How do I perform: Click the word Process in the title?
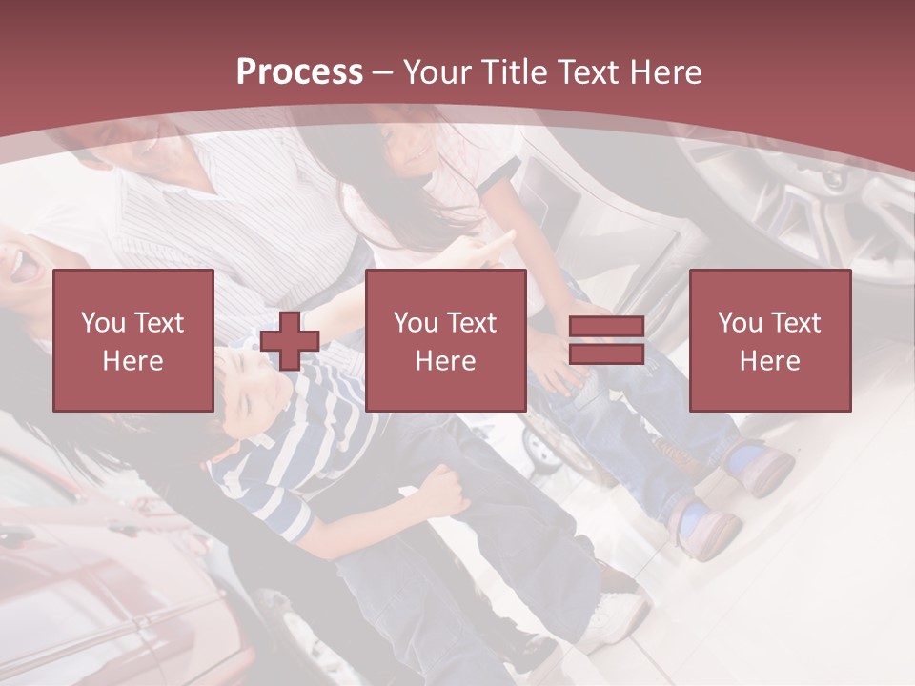point(299,72)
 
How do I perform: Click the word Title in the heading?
point(514,72)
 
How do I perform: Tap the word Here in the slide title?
point(661,72)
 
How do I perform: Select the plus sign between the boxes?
point(290,340)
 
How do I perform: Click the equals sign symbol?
point(606,340)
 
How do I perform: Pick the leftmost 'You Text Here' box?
point(133,340)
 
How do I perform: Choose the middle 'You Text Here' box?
point(446,340)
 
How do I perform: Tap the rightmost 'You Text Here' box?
point(770,340)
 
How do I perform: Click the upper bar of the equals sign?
point(606,328)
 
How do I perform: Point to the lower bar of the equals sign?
point(606,353)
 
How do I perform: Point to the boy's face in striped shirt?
point(250,391)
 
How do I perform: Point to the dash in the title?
point(383,72)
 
